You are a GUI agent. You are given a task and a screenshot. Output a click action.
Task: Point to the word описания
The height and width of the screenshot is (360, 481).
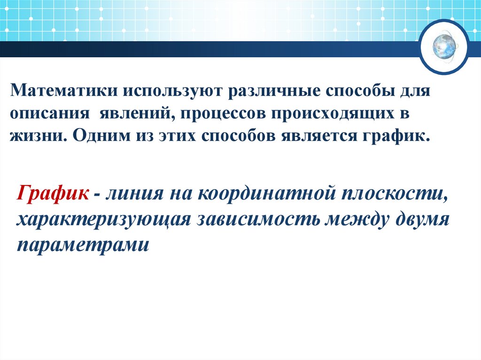click(49, 114)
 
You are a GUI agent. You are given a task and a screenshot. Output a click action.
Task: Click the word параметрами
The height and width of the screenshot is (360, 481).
click(83, 245)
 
